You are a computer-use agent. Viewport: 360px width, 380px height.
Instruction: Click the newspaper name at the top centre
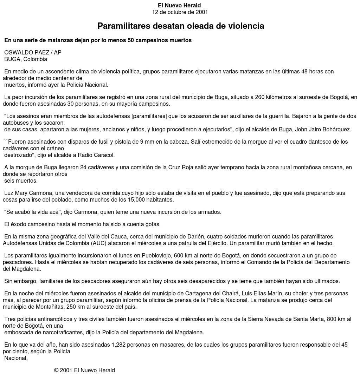click(x=179, y=6)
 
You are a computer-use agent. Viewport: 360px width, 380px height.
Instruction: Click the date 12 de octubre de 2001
click(x=180, y=12)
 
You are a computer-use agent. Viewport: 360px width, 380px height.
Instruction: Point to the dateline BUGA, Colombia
click(x=26, y=59)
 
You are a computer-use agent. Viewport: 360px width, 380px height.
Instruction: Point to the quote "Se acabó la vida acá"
click(x=32, y=212)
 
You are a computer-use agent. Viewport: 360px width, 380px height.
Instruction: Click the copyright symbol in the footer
click(x=56, y=371)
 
